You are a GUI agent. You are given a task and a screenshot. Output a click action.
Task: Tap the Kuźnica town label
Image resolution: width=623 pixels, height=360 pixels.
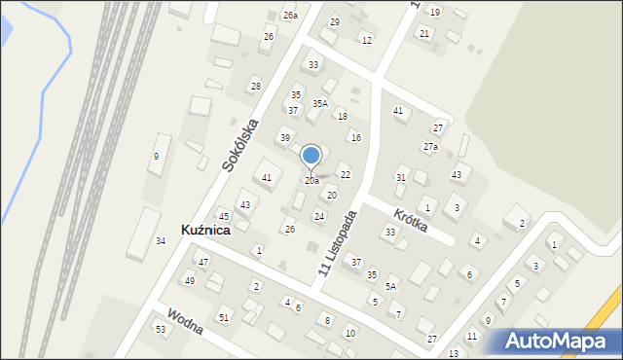tap(205, 231)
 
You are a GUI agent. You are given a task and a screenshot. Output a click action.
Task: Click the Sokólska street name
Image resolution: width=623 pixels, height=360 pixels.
tap(239, 146)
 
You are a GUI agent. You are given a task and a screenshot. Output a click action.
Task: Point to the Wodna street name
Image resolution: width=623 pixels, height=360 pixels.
tap(184, 322)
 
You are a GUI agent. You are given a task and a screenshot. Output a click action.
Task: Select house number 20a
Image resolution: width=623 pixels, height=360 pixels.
tap(311, 181)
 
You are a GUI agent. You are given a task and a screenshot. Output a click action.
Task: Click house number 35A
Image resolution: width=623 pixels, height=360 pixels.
tap(319, 103)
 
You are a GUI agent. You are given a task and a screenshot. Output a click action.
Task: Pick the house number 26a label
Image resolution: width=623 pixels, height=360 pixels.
tap(290, 16)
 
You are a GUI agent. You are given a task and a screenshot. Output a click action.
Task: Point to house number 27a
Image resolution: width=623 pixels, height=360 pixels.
tap(430, 147)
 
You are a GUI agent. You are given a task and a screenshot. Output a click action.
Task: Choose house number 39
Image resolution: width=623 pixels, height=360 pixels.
tap(285, 138)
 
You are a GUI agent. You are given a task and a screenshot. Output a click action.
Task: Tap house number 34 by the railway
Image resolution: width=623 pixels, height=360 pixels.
tap(160, 241)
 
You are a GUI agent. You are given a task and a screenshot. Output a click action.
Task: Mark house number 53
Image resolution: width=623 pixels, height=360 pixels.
tap(161, 330)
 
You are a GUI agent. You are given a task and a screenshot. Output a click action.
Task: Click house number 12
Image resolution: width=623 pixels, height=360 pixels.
tap(366, 40)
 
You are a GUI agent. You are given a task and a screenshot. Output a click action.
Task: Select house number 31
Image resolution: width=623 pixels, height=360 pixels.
tap(401, 178)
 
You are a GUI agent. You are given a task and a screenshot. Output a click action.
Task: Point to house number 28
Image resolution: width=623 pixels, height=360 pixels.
tap(256, 87)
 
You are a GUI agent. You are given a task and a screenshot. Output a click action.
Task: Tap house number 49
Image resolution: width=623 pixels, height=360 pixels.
tap(190, 281)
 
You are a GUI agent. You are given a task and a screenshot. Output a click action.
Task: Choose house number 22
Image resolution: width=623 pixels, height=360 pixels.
tap(345, 175)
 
